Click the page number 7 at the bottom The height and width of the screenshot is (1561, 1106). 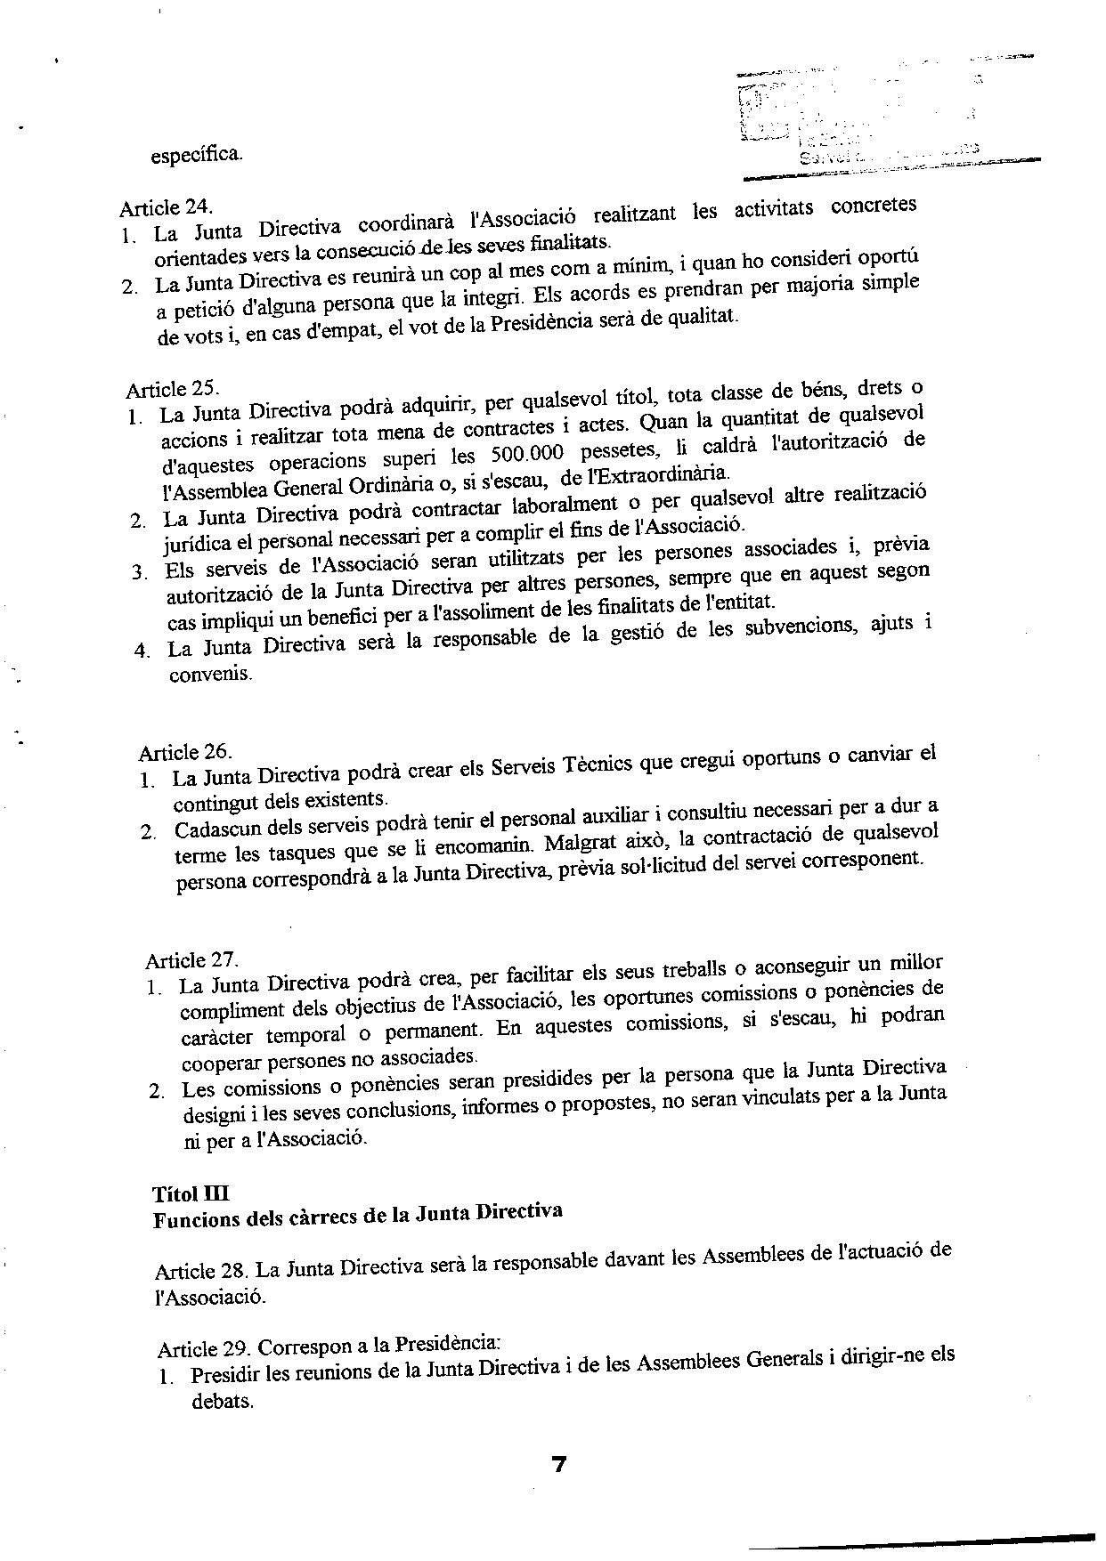pyautogui.click(x=559, y=1465)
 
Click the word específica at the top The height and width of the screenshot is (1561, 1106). pyautogui.click(x=195, y=154)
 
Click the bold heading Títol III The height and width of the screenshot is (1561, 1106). pyautogui.click(x=191, y=1193)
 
